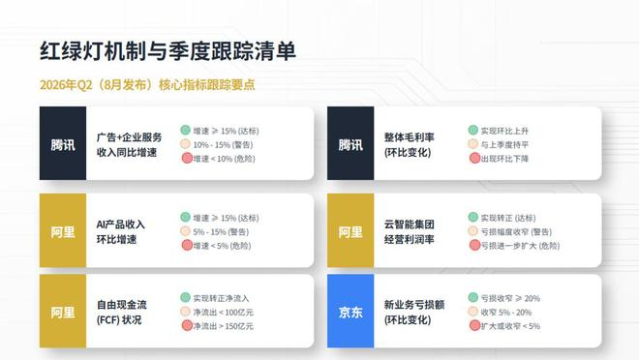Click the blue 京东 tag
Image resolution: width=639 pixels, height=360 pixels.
[350, 312]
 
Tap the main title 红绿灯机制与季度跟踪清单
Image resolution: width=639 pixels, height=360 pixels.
[167, 51]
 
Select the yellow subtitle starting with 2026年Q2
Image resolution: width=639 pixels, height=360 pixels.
[147, 85]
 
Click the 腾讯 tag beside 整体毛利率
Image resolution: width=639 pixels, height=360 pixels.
[350, 143]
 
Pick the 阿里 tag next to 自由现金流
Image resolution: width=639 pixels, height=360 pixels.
[63, 312]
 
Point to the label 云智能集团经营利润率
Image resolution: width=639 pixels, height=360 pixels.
[409, 231]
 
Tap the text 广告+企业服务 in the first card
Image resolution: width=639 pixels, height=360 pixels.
[129, 137]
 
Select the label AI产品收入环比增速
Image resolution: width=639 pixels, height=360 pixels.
[121, 231]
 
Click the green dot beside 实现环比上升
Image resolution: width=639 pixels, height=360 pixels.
[473, 130]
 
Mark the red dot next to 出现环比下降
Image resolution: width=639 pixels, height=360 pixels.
[474, 158]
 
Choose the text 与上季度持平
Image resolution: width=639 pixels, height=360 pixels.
[504, 144]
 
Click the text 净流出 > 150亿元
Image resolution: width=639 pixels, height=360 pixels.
[223, 326]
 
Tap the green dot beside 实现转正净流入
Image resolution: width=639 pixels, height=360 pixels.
[186, 297]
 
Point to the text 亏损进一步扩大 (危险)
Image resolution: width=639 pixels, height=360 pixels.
[521, 246]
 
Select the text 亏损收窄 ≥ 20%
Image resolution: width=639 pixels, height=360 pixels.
[510, 298]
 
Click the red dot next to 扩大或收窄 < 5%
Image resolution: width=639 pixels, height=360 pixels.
[474, 325]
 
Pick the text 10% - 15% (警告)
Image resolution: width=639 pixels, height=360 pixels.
[223, 144]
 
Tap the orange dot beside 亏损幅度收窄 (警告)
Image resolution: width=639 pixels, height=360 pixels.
[473, 231]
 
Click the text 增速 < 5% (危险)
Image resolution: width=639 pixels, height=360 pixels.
[222, 246]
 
